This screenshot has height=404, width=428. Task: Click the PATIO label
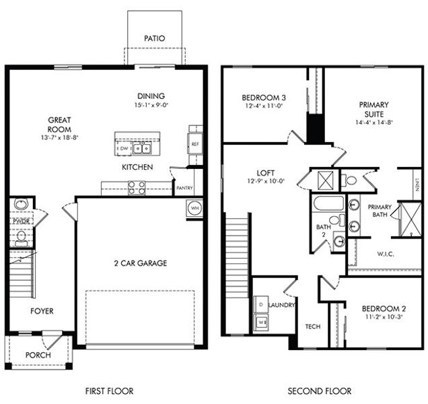pyautogui.click(x=154, y=39)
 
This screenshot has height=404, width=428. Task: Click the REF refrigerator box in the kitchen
pyautogui.click(x=195, y=144)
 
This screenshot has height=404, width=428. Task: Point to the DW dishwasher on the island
pyautogui.click(x=123, y=148)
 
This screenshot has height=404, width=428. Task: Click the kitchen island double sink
pyautogui.click(x=141, y=148)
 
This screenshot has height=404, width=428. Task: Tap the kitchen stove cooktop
pyautogui.click(x=137, y=187)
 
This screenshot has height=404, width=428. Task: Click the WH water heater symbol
pyautogui.click(x=194, y=207)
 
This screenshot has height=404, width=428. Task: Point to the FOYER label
pyautogui.click(x=41, y=311)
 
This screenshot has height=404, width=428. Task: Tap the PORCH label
pyautogui.click(x=38, y=355)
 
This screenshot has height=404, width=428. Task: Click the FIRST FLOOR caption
pyautogui.click(x=109, y=391)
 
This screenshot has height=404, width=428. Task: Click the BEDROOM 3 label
pyautogui.click(x=263, y=98)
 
